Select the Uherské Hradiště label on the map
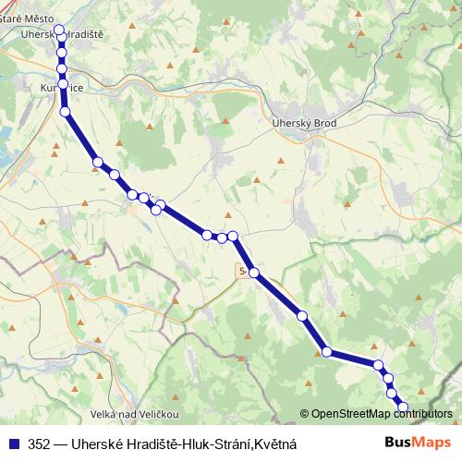click(x=59, y=34)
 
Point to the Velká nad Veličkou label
click(x=135, y=413)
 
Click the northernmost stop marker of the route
click(x=59, y=31)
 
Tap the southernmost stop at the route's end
click(x=402, y=407)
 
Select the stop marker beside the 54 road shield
click(x=254, y=274)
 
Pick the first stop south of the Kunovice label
click(x=65, y=112)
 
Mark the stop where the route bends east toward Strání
click(x=326, y=351)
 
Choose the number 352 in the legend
click(x=40, y=444)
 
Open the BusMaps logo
click(x=418, y=444)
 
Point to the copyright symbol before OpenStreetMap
click(x=305, y=414)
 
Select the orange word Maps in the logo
click(x=432, y=444)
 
